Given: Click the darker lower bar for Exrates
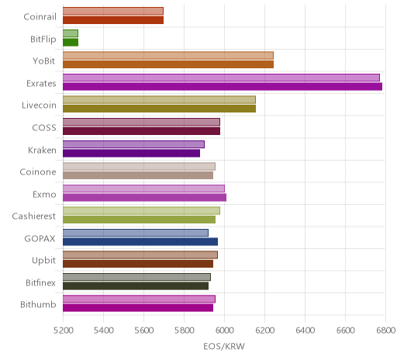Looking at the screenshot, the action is pos(223,87).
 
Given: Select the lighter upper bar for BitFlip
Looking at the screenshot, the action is pos(71,33).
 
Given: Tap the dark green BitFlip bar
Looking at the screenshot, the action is pos(71,43).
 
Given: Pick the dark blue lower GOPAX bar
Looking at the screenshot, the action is pos(140,242).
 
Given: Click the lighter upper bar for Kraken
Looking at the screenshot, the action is pos(133,144).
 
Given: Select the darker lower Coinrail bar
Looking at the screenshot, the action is pos(113,20).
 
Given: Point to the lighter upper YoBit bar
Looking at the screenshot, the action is pos(168,56).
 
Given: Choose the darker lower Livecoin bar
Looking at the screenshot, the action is pos(160,109).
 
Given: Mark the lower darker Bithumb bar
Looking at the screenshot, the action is pos(138,308).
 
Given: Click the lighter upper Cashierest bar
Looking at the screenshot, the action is pos(142,211).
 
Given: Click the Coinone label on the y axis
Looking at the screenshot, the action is pos(38,172).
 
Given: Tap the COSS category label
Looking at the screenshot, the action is pos(44,128).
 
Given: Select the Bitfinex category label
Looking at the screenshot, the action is pos(40,282).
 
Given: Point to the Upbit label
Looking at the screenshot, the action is pos(43,261).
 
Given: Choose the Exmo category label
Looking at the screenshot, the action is pos(44,194).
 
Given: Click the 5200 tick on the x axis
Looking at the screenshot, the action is pos(63,331).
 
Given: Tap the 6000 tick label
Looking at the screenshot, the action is pos(224,331).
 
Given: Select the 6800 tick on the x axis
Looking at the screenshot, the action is pos(386,331).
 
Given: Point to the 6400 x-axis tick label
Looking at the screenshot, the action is pos(305,331).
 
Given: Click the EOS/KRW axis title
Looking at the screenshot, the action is pos(224,346).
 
